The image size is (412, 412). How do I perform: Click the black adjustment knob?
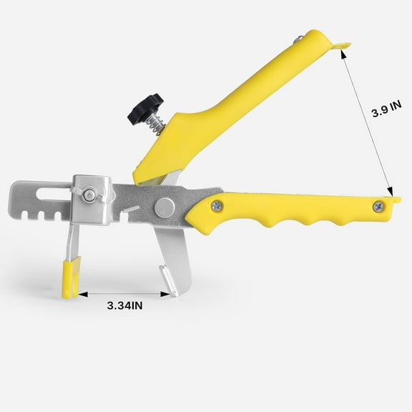click(x=145, y=107)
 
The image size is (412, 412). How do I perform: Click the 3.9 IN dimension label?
click(x=386, y=112)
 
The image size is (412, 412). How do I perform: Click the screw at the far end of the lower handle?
click(x=378, y=206)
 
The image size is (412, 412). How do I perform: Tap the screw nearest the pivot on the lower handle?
click(x=217, y=206)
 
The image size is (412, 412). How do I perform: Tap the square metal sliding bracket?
click(x=94, y=200)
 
